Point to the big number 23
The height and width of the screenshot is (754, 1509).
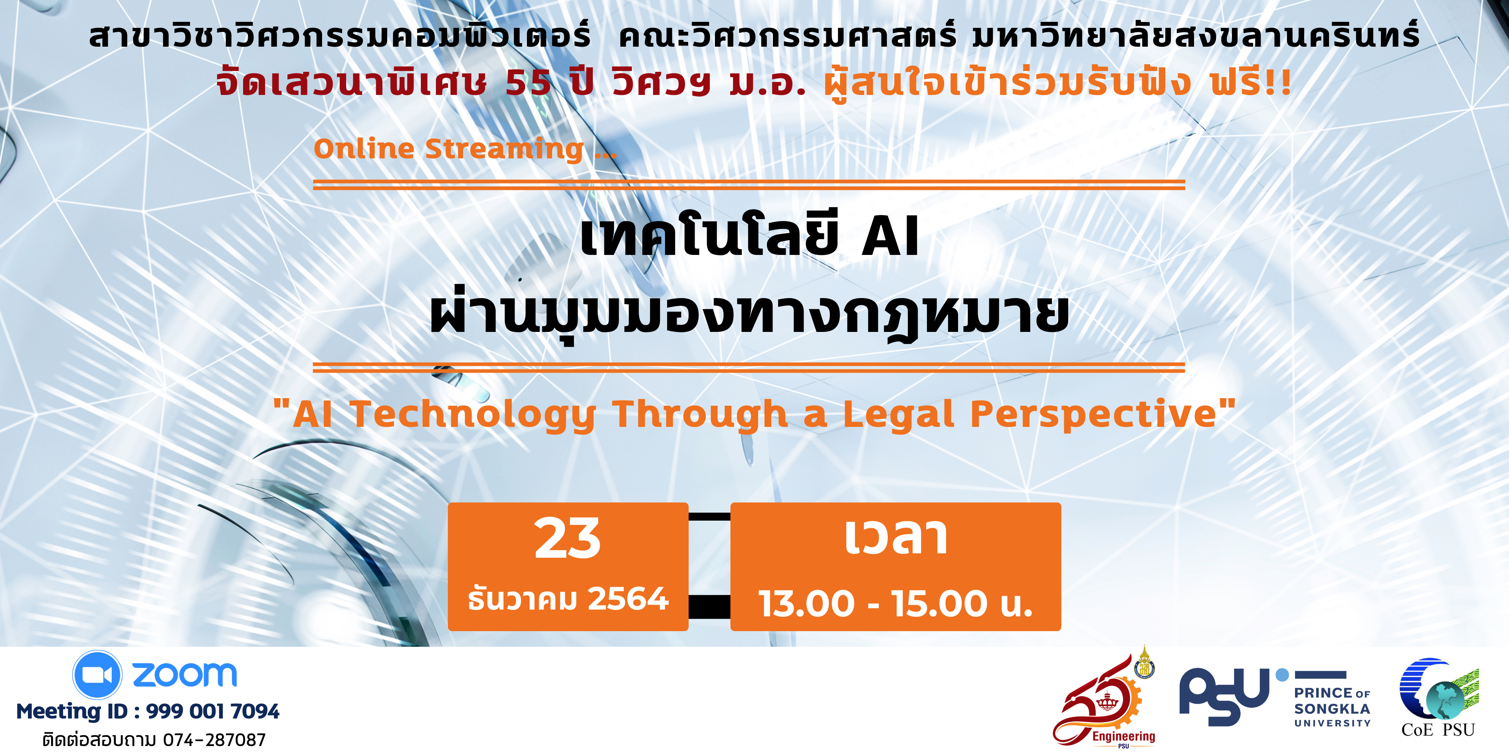point(568,539)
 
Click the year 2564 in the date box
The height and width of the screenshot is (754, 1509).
point(628,599)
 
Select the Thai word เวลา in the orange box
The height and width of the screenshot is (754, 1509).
point(896,537)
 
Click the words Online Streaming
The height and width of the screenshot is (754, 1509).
point(449,149)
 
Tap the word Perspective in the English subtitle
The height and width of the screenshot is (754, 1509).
point(1094,415)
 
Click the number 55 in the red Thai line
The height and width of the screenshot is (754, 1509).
point(529,83)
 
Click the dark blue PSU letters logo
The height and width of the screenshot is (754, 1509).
point(1224,697)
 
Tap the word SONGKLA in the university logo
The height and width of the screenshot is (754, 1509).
point(1332,709)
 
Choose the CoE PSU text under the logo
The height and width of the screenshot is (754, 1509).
point(1438,730)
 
